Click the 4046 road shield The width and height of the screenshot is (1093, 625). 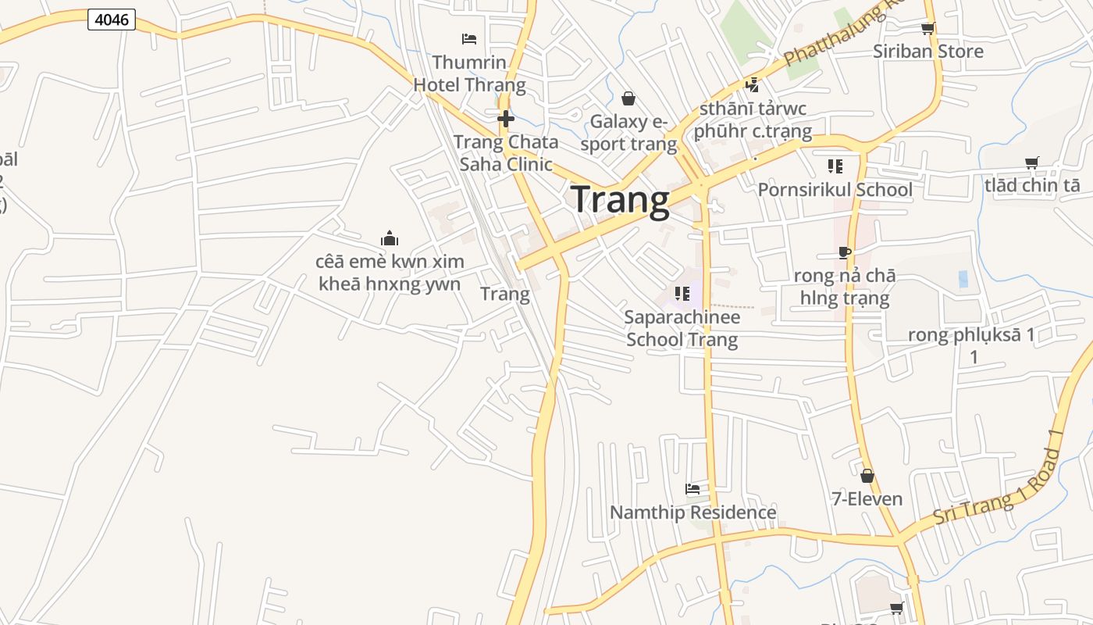coord(112,20)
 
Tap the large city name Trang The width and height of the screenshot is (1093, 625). coord(621,200)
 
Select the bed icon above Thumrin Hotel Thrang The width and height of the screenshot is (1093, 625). coord(469,38)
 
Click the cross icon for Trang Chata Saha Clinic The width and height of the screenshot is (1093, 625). coord(506,119)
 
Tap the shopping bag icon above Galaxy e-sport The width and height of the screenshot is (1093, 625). coord(628,98)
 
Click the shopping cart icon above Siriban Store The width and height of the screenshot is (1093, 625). coord(927,29)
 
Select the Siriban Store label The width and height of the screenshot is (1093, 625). coord(927,52)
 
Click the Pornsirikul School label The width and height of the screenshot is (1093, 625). coord(835,190)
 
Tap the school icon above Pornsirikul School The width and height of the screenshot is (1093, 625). coord(835,166)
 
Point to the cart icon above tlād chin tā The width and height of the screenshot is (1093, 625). coord(1032,162)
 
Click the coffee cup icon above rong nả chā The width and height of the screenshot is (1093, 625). coord(844,252)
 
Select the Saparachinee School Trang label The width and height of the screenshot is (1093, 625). coord(682,328)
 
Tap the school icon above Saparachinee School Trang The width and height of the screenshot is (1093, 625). coord(682,293)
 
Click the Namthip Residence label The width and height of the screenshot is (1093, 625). coord(692,512)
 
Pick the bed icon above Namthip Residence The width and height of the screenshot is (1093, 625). coord(692,489)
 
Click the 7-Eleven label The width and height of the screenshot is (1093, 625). coord(867,498)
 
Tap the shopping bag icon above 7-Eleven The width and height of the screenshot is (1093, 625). coord(867,476)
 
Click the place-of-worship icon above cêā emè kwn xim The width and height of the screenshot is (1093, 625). coord(389,238)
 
